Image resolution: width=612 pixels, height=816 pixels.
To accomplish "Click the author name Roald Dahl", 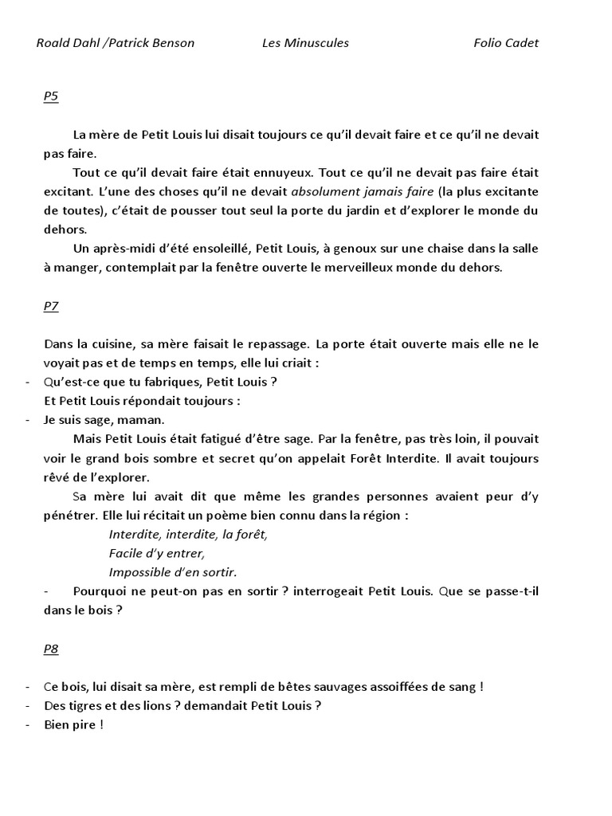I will click(x=67, y=43).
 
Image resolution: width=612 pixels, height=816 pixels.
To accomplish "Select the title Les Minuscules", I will click(x=305, y=43).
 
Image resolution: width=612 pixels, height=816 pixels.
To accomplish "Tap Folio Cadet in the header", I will click(x=506, y=43).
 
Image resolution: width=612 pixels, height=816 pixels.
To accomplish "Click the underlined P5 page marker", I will click(x=51, y=96).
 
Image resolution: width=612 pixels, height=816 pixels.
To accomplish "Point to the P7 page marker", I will click(x=51, y=306).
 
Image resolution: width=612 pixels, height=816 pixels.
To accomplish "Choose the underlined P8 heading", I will click(x=51, y=649).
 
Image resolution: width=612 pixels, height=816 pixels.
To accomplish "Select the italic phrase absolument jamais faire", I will click(x=363, y=191).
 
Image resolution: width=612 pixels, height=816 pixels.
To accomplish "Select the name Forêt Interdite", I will click(x=394, y=458).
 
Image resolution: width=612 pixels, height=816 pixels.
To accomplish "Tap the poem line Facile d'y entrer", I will click(x=157, y=553).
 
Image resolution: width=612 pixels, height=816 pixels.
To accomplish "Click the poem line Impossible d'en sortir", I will click(x=173, y=572).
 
